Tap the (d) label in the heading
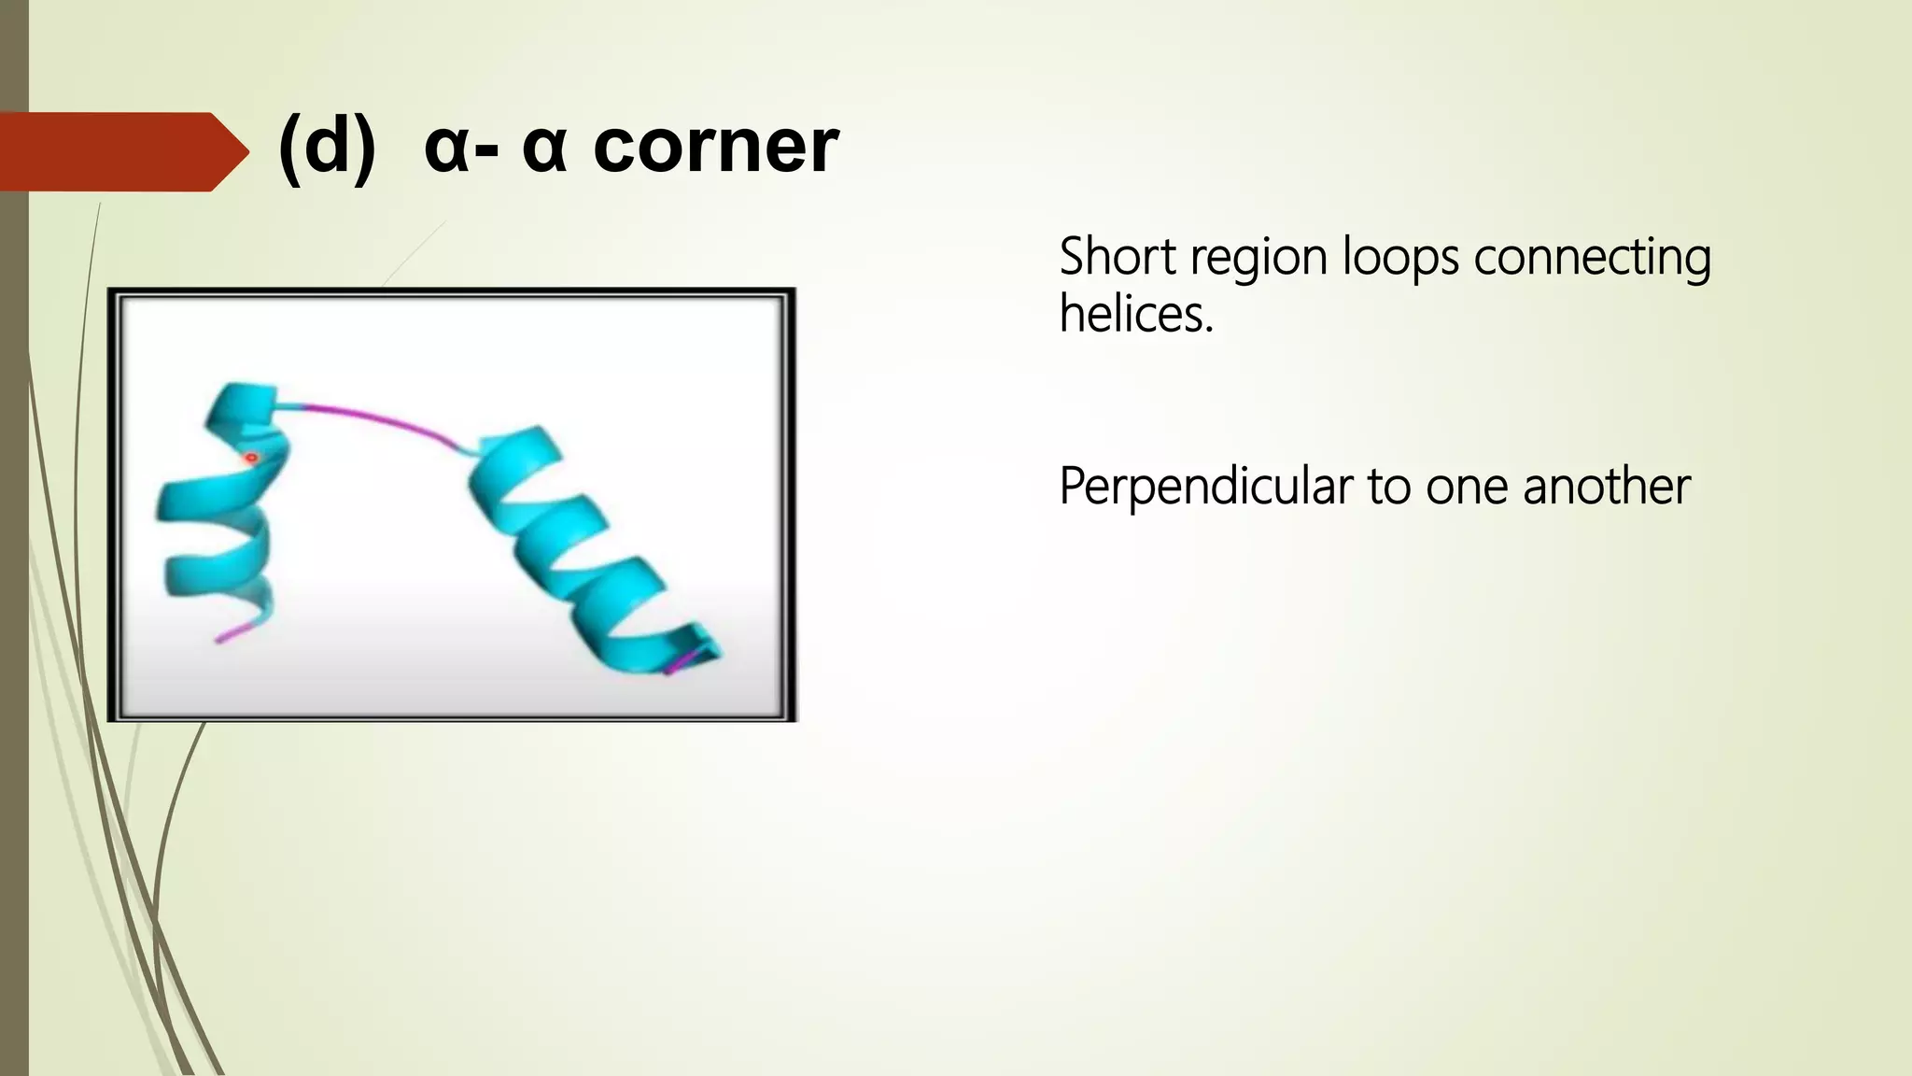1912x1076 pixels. click(x=327, y=147)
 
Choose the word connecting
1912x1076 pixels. click(x=1593, y=259)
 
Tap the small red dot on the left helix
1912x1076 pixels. click(x=250, y=458)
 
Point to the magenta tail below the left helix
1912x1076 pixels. click(x=234, y=630)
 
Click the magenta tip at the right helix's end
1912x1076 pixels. click(x=682, y=663)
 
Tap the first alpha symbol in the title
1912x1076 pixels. click(x=445, y=150)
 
